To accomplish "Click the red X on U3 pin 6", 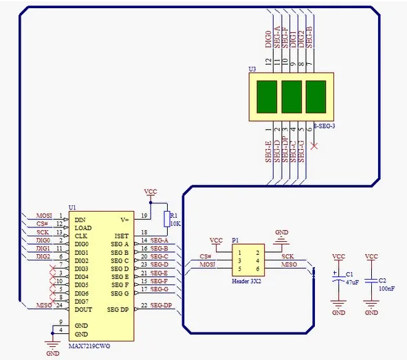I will pyautogui.click(x=314, y=146).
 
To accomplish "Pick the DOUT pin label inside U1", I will pyautogui.click(x=85, y=309).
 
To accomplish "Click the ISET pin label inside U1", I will pyautogui.click(x=121, y=236).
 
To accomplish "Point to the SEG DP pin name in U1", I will pyautogui.click(x=118, y=309).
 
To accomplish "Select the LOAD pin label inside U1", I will pyautogui.click(x=83, y=227).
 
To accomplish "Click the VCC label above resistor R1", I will pyautogui.click(x=150, y=190).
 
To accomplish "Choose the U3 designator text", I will pyautogui.click(x=252, y=69).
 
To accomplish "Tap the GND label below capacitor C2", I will pyautogui.click(x=371, y=313).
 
